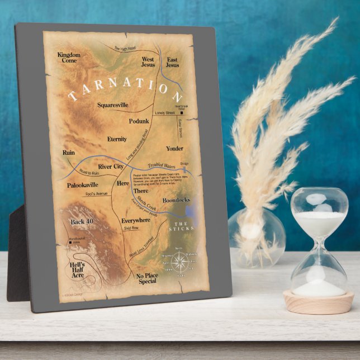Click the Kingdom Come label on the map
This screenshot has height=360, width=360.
click(69, 58)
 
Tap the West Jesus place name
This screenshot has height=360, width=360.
click(148, 61)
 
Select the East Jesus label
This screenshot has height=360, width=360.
click(172, 61)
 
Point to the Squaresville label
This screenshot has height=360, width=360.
click(112, 105)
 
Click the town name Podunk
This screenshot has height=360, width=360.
click(139, 121)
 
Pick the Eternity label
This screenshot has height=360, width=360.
click(117, 139)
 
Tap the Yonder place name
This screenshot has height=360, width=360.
click(174, 149)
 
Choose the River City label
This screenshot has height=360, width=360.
click(111, 167)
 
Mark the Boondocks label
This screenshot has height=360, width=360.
click(176, 200)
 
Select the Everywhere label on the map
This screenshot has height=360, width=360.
click(136, 221)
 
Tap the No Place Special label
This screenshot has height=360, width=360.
click(148, 279)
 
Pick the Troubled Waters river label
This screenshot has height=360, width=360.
click(162, 165)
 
